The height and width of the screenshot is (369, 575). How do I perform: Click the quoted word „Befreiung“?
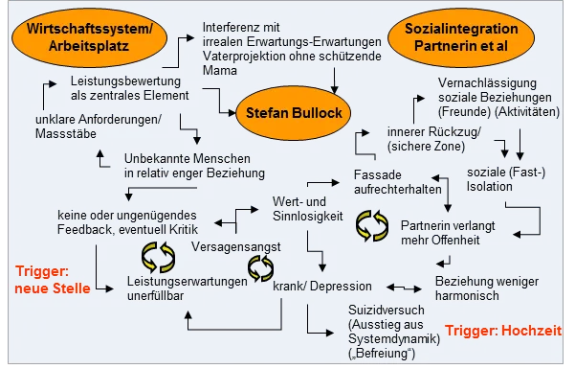pos(384,354)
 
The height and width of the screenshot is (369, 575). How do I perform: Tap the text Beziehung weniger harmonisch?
pos(480,288)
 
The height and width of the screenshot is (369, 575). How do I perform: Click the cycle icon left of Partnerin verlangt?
pos(371,226)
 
